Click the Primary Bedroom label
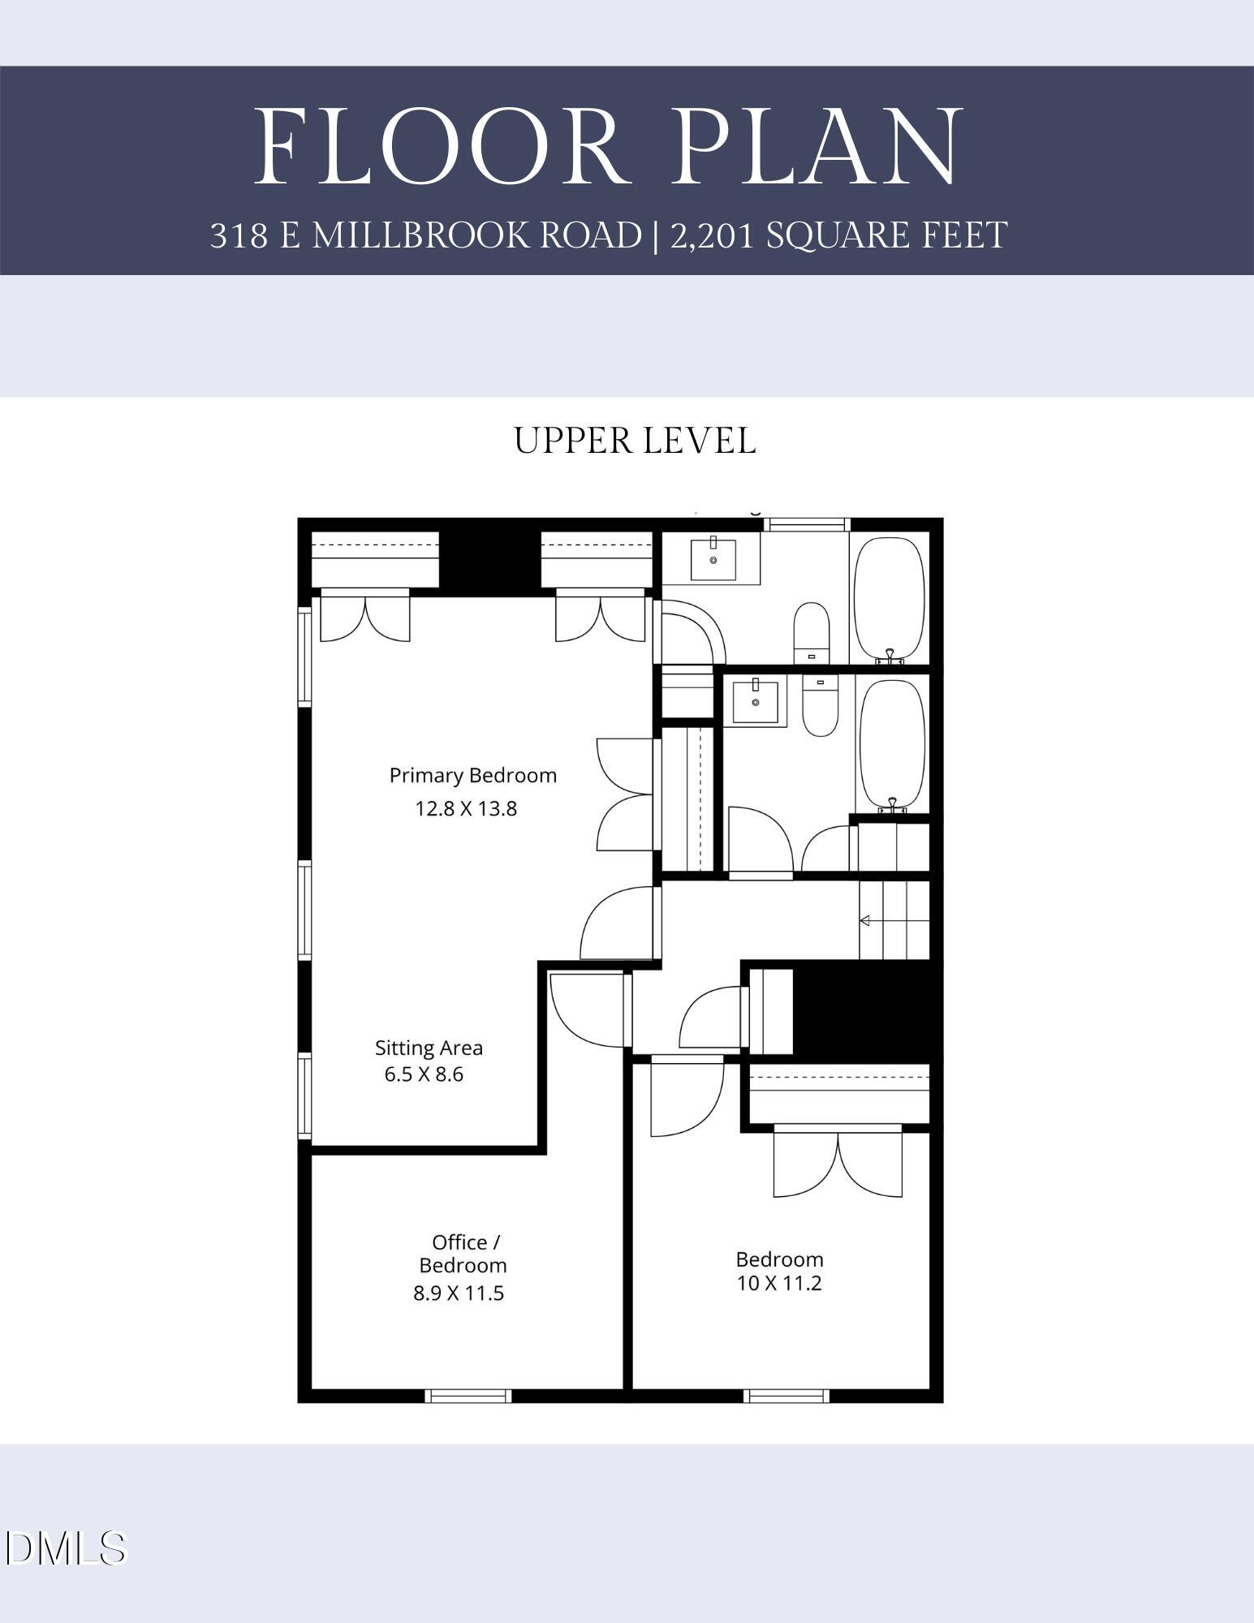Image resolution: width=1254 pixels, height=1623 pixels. [473, 776]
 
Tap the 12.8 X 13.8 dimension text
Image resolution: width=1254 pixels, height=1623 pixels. [466, 809]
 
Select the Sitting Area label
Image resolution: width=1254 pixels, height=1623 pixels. [429, 1048]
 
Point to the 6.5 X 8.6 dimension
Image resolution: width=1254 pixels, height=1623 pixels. [424, 1074]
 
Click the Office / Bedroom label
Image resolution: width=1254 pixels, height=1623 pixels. [464, 1253]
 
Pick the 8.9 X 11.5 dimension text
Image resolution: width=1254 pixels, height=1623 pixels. [459, 1294]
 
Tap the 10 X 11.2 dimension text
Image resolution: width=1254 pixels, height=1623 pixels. [779, 1284]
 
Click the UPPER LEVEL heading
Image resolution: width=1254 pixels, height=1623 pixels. [635, 441]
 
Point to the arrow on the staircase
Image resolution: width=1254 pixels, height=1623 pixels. [866, 920]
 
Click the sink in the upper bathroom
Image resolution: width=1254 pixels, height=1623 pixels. [713, 558]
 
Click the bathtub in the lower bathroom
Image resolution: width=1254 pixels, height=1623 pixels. [892, 744]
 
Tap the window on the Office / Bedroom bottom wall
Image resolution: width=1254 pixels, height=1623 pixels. [468, 1396]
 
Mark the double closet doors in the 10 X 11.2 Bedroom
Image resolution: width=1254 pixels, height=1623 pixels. [838, 1163]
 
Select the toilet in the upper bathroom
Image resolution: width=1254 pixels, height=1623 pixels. [811, 631]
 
